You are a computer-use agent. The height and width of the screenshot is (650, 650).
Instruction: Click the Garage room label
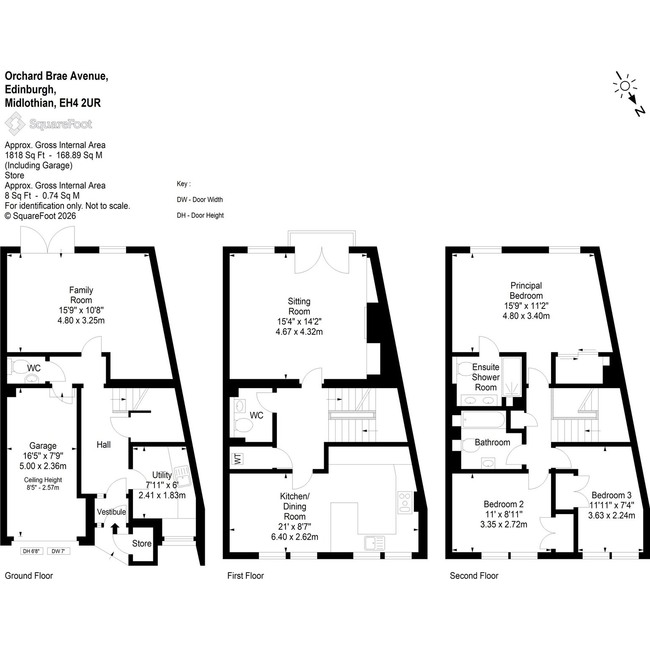coord(43,446)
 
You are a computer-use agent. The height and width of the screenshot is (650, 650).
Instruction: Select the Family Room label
coord(81,295)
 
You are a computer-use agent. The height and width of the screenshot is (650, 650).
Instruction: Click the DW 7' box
coord(59,551)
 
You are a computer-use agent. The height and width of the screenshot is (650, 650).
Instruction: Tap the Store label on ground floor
coord(142,543)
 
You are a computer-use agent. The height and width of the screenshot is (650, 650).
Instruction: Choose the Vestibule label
coord(112,512)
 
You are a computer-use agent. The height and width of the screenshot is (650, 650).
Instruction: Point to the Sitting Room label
coord(299,306)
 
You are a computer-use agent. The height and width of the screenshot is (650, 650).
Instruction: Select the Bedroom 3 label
coord(611,495)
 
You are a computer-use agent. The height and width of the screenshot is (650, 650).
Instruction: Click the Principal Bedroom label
coord(526,291)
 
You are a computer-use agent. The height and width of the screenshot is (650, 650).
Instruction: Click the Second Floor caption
coord(474,576)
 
